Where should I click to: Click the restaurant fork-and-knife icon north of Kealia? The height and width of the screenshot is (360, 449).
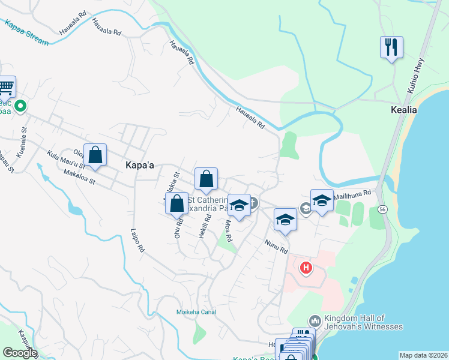[391, 47]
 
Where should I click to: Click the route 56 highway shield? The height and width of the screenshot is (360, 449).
[382, 209]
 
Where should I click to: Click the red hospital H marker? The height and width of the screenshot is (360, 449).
[306, 268]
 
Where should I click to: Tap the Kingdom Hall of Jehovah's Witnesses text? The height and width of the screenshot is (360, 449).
[363, 322]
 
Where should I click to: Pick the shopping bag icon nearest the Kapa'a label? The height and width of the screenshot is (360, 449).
[95, 155]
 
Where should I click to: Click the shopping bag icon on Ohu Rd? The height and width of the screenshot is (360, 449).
[177, 203]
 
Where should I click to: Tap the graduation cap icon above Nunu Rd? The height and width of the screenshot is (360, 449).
[285, 220]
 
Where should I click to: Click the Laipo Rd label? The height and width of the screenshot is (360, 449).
[137, 239]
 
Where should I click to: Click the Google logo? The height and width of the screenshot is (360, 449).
[20, 353]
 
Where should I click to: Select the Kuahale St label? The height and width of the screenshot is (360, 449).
[21, 142]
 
